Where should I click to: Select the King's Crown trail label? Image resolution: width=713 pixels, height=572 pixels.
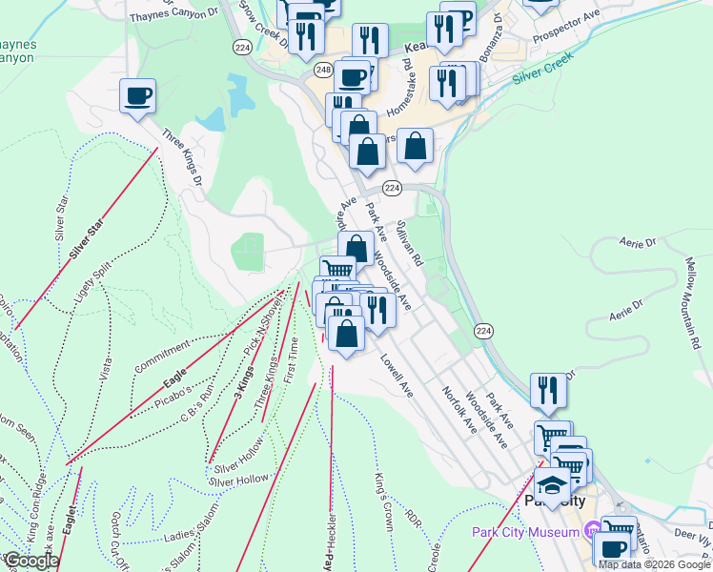[x=384, y=493]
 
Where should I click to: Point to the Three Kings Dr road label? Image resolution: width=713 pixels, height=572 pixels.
[x=183, y=157]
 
